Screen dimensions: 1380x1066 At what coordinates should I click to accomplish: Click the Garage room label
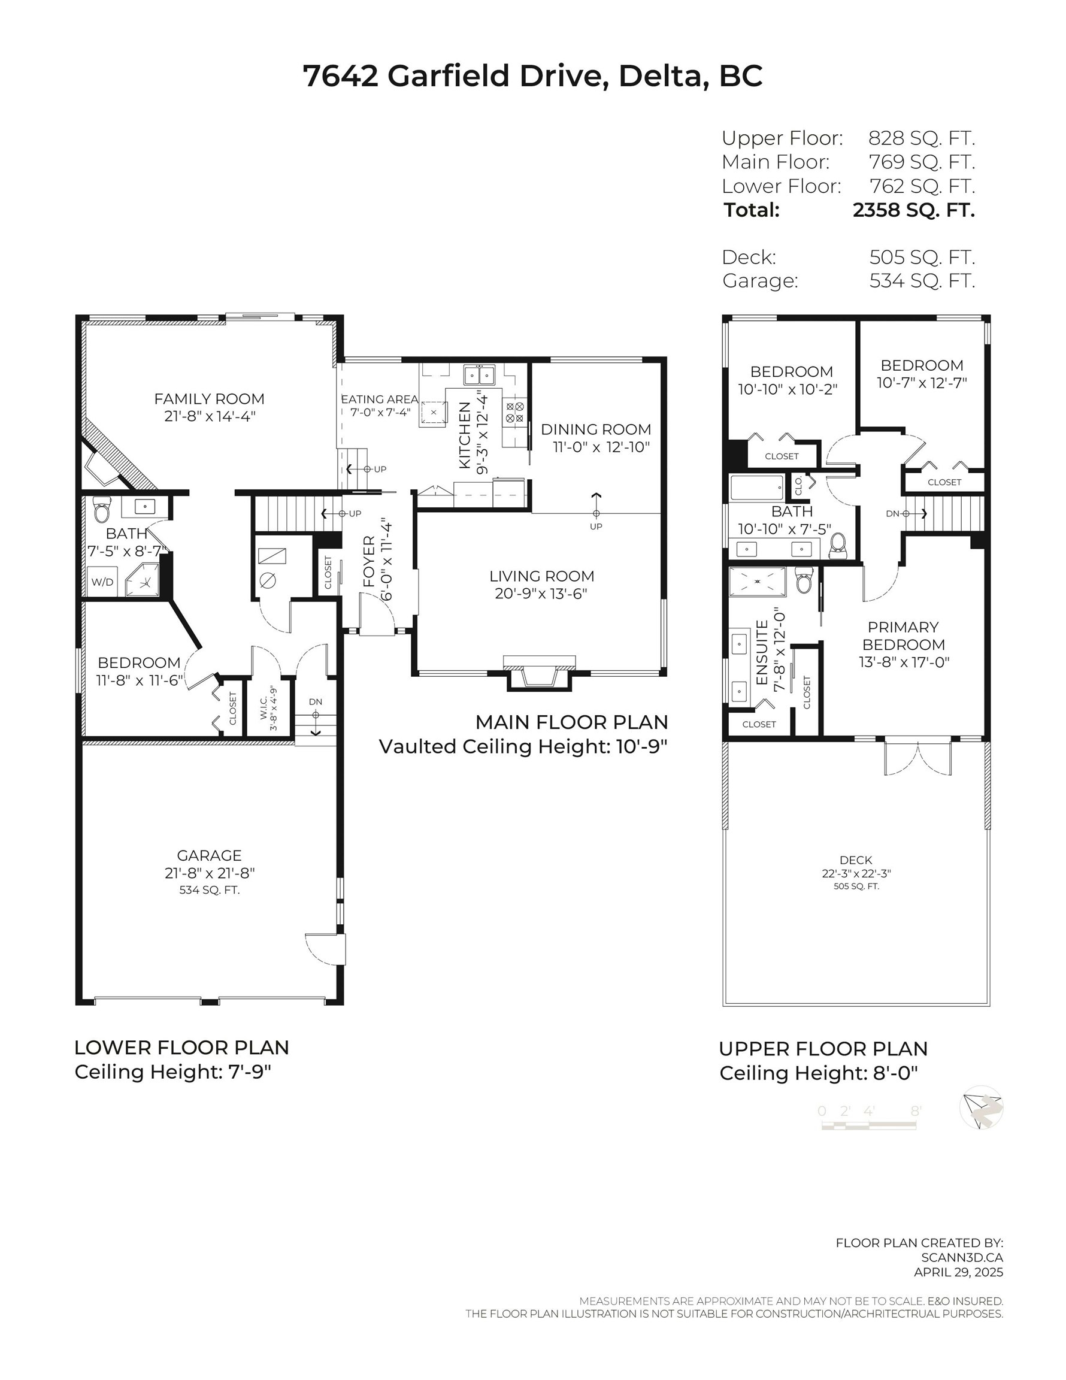[x=208, y=855]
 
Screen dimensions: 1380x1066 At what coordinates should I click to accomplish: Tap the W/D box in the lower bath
[x=102, y=582]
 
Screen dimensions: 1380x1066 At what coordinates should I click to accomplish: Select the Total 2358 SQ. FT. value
[x=913, y=210]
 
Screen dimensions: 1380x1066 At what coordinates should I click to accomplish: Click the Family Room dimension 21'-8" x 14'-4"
[x=209, y=416]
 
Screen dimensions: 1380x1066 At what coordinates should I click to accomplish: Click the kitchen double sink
[x=480, y=376]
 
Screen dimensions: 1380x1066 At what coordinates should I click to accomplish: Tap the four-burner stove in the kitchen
[x=514, y=413]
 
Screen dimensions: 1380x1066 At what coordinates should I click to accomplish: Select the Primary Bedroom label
[x=903, y=635]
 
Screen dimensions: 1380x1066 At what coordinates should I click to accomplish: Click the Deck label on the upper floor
[x=856, y=860]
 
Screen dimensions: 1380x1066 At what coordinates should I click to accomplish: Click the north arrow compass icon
[x=981, y=1107]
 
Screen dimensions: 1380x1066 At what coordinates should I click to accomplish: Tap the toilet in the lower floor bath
[x=102, y=510]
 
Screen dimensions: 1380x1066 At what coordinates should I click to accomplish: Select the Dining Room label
[x=596, y=429]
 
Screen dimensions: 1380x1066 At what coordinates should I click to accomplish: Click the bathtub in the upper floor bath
[x=758, y=488]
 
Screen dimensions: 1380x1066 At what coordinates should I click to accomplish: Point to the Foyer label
[x=370, y=562]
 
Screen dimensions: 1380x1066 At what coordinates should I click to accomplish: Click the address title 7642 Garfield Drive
[x=532, y=76]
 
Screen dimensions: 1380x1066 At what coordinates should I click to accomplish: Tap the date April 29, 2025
[x=958, y=1272]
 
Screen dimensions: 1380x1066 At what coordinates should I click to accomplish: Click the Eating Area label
[x=379, y=400]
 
